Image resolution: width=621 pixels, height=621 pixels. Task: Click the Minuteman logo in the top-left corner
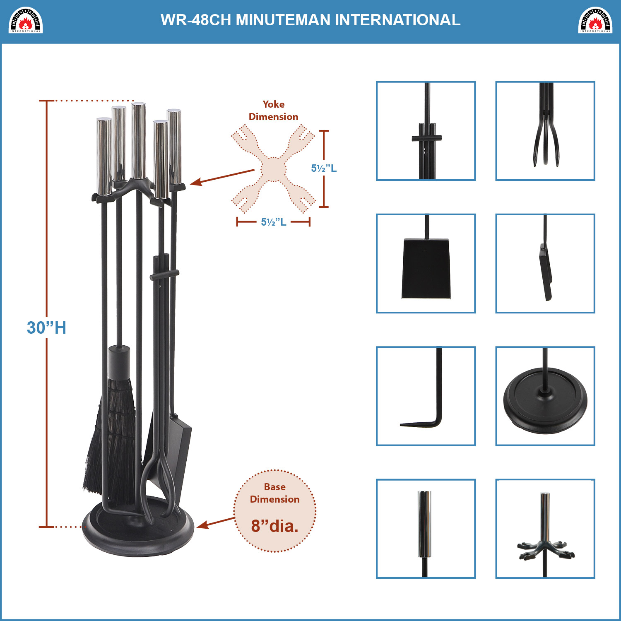coord(26,20)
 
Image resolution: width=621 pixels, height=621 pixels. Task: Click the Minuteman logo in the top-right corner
coord(595,20)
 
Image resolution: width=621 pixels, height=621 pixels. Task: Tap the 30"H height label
coord(46,327)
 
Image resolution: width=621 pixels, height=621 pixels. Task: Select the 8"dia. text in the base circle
coord(275,526)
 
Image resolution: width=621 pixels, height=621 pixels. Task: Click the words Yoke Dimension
coord(273,111)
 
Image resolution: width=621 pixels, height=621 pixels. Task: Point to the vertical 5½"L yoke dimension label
coord(324,168)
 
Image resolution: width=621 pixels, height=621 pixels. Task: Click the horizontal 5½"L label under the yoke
coord(273,222)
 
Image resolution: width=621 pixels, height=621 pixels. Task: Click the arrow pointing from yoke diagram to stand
coord(222,177)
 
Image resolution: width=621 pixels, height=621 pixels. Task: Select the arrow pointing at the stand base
coord(216,522)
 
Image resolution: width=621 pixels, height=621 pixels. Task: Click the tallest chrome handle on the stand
coord(139,141)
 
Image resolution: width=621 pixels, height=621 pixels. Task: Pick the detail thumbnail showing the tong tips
coord(545,131)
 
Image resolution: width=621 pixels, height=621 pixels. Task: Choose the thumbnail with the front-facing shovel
coord(426,263)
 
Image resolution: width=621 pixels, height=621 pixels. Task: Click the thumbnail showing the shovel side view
coord(545,263)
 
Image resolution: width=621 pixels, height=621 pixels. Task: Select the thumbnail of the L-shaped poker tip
coord(426,396)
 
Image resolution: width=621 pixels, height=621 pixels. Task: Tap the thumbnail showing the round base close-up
coord(545,396)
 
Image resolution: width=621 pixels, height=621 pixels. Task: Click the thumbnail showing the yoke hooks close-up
coord(545,529)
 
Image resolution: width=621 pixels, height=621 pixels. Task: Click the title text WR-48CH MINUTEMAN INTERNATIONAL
coord(310,20)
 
